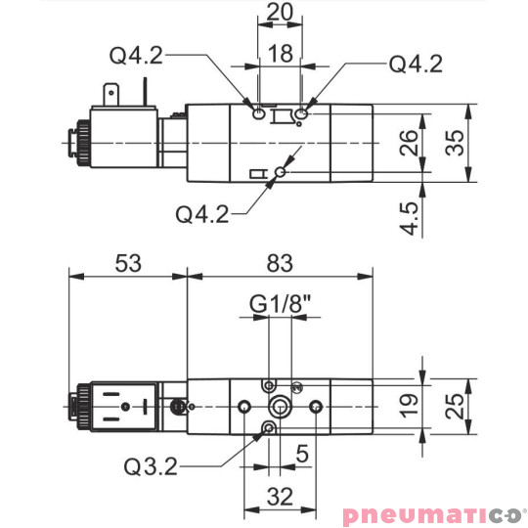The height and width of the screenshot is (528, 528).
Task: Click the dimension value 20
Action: [x=280, y=15]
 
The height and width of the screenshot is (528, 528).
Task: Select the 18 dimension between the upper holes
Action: [x=280, y=55]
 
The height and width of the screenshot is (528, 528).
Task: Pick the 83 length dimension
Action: [x=280, y=263]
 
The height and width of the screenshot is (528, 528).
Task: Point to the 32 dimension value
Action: [x=280, y=496]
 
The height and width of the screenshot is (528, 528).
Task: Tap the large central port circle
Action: [x=282, y=406]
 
